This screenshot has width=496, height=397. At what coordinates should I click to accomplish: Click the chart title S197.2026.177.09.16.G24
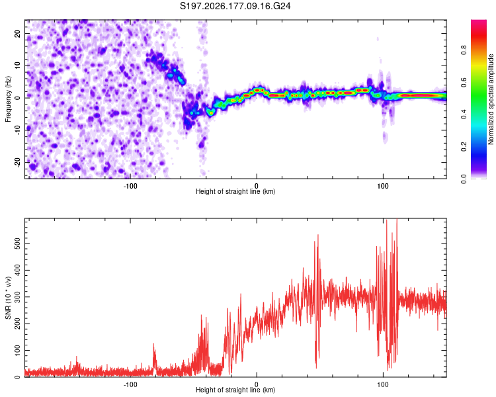point(235,6)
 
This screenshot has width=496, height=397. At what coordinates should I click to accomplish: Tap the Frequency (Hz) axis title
point(8,99)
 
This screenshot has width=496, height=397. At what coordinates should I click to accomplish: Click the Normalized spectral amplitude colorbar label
point(491,99)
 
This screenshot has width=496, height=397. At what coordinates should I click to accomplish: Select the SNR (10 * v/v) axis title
point(8,298)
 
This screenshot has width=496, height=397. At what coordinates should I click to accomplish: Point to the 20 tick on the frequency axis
point(18,33)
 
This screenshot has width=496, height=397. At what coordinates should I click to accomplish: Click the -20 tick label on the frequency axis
point(18,162)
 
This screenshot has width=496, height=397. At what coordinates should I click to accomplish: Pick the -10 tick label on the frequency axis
point(18,130)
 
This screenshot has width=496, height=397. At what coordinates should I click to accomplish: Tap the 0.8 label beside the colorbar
point(464,50)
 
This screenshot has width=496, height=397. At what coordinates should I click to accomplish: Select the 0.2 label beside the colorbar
point(464,147)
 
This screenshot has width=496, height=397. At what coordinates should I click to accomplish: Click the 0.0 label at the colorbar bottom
point(464,179)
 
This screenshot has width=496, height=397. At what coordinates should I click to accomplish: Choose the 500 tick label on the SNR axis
point(18,243)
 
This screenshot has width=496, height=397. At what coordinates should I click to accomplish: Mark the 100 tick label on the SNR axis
point(18,351)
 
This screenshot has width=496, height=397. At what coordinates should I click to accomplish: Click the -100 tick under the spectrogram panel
point(130,186)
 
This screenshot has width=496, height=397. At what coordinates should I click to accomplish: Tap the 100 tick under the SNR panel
point(383,384)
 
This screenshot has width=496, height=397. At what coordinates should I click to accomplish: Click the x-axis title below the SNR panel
point(235,390)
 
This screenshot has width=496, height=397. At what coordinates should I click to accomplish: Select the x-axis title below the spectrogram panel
point(235,191)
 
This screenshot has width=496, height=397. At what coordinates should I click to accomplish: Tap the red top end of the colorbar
point(479,22)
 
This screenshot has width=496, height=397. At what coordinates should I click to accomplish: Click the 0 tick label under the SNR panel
point(257,384)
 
